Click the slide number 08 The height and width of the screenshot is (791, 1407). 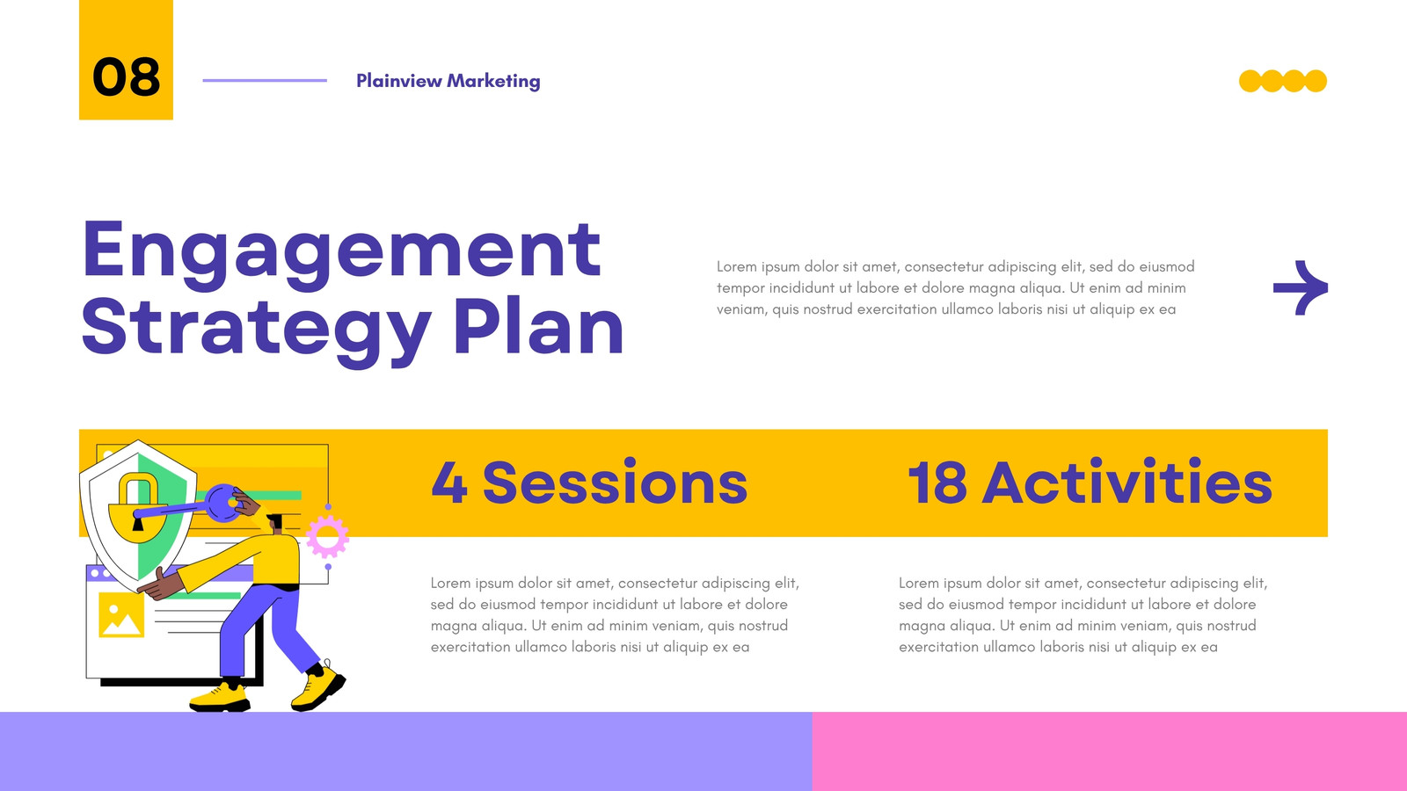(x=127, y=77)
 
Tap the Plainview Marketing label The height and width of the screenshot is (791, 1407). (x=448, y=81)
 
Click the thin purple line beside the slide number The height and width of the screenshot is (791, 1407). (x=265, y=80)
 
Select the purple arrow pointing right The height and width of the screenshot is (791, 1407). (x=1301, y=287)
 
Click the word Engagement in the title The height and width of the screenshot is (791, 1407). (x=342, y=254)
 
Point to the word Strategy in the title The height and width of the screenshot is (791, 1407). (x=256, y=330)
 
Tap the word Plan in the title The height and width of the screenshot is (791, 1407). (x=538, y=326)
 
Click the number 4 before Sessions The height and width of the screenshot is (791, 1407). (x=449, y=483)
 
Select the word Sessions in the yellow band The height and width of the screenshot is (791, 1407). (x=615, y=483)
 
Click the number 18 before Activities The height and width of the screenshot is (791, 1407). (x=937, y=483)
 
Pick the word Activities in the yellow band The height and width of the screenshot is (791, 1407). (x=1126, y=482)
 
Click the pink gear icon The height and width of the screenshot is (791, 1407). (x=327, y=537)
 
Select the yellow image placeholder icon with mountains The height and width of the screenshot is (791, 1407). (x=121, y=615)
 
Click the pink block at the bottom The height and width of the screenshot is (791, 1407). (x=1109, y=751)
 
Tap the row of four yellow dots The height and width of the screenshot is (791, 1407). (x=1283, y=81)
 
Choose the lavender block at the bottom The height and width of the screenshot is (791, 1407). (x=405, y=751)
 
